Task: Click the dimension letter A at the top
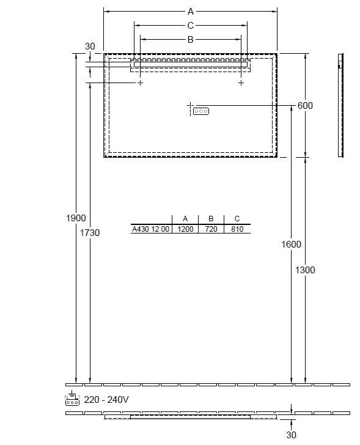191,12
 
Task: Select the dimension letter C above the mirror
190,26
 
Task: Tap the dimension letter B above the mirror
190,40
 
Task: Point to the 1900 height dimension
76,218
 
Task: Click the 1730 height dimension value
90,233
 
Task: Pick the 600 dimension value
305,106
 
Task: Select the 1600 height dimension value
291,245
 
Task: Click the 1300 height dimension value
305,270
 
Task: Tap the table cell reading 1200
185,229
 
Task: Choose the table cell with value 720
211,229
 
